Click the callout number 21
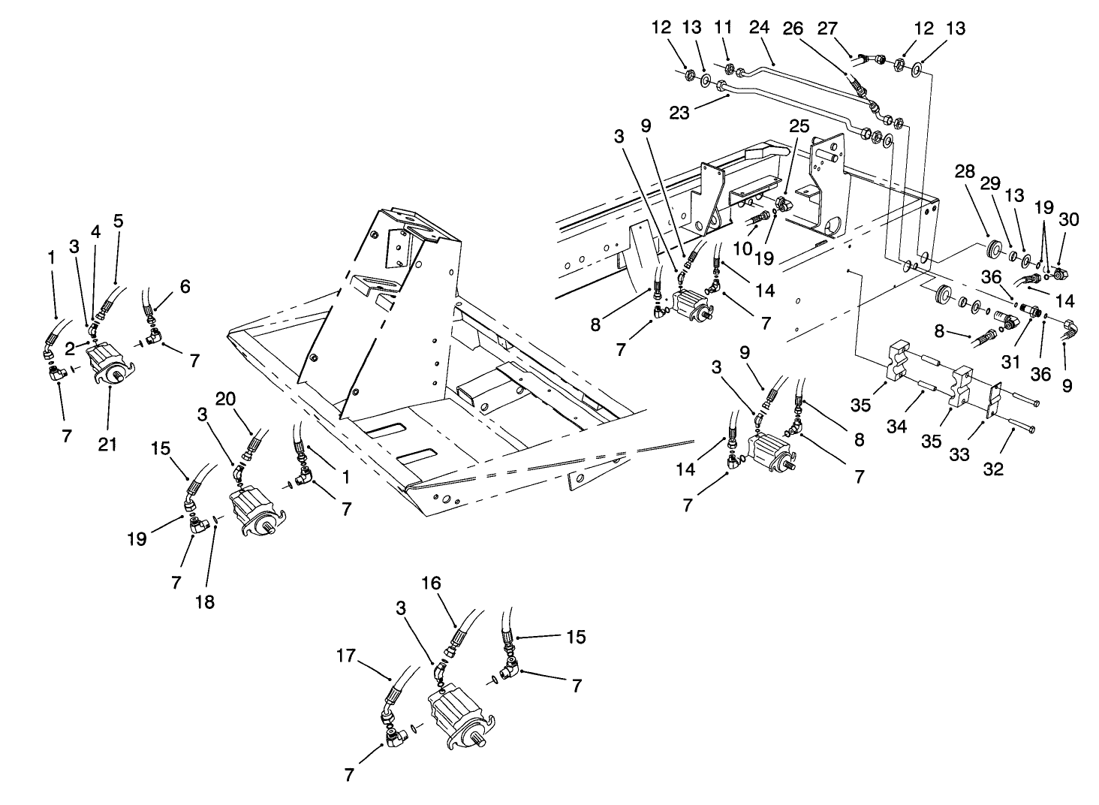pos(107,445)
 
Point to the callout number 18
pos(204,601)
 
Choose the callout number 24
pos(759,29)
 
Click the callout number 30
pos(1068,219)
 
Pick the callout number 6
pos(185,286)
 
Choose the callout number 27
pos(826,29)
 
